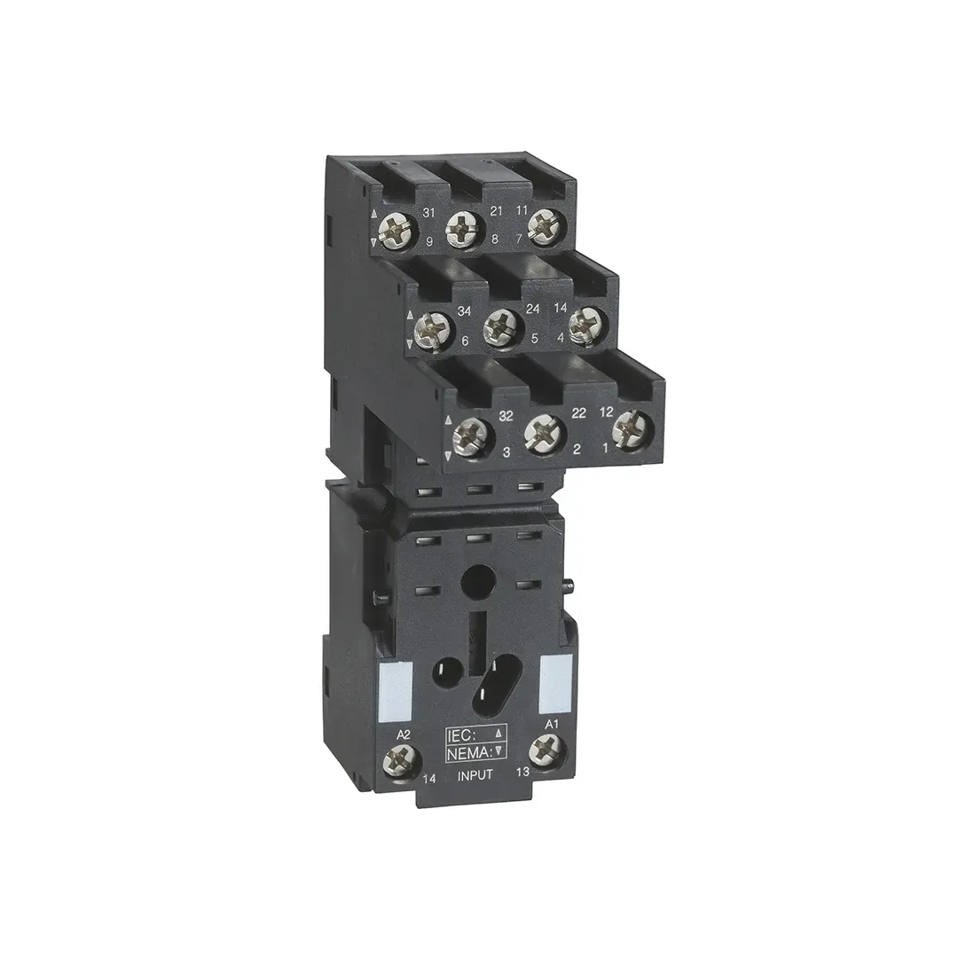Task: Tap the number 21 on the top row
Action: click(x=497, y=211)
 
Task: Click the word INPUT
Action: click(x=475, y=776)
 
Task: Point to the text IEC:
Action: click(x=466, y=734)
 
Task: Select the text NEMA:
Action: click(x=467, y=752)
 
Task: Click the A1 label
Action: click(x=550, y=725)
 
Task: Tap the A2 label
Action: click(x=404, y=734)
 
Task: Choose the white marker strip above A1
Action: click(x=554, y=679)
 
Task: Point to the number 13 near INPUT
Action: click(x=522, y=773)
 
